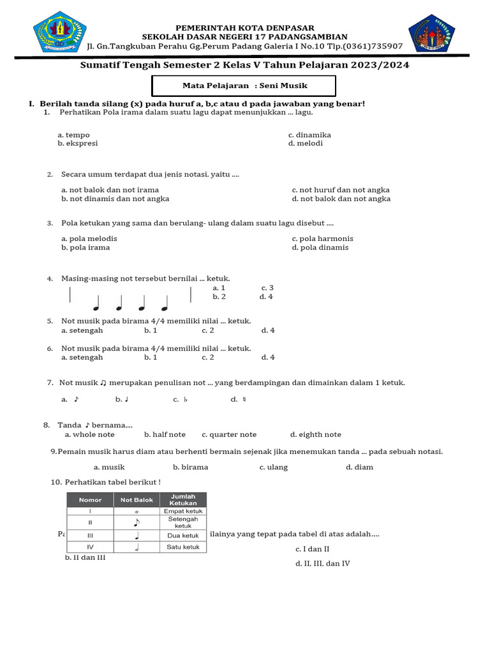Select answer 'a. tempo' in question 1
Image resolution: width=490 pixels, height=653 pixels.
click(73, 135)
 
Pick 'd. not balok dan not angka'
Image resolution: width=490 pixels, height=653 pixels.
click(341, 199)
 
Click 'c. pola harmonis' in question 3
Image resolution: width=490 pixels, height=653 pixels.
click(322, 238)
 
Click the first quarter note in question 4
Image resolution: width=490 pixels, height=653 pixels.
click(97, 304)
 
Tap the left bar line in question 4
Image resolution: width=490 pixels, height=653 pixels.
click(70, 295)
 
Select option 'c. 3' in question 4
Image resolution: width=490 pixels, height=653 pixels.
click(267, 288)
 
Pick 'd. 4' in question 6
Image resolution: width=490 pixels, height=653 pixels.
click(267, 358)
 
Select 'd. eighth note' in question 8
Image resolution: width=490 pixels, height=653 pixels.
click(315, 435)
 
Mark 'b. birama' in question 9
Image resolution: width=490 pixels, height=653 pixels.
click(190, 467)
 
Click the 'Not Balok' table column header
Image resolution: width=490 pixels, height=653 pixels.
click(137, 500)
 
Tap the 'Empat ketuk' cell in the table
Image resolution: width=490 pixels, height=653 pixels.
click(183, 511)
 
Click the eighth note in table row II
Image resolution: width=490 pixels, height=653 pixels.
click(137, 523)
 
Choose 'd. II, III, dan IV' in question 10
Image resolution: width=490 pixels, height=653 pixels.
click(322, 564)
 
